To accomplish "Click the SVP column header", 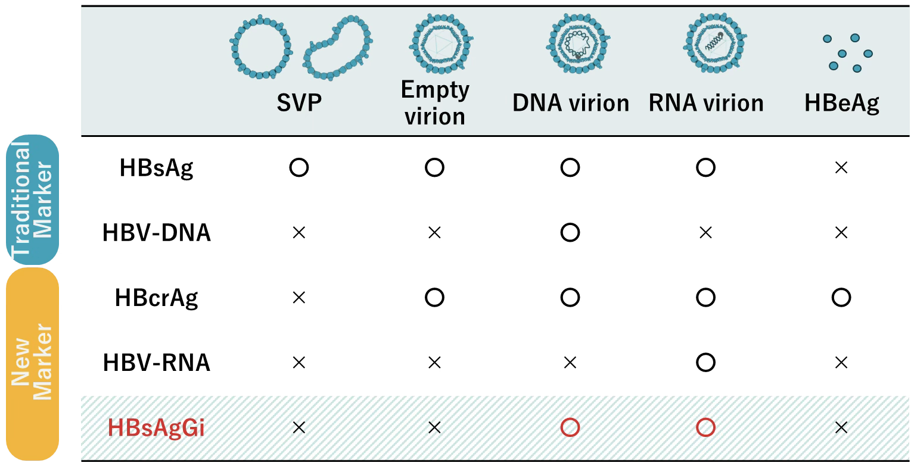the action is pyautogui.click(x=299, y=102).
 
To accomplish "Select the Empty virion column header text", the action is pyautogui.click(x=435, y=103).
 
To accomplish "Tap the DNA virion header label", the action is pyautogui.click(x=571, y=103).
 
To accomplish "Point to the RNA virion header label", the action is pyautogui.click(x=706, y=103).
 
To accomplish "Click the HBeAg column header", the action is pyautogui.click(x=841, y=103).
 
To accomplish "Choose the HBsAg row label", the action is pyautogui.click(x=156, y=168).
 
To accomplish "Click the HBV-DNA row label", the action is pyautogui.click(x=157, y=233).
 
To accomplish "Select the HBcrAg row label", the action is pyautogui.click(x=156, y=298).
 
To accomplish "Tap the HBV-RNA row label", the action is pyautogui.click(x=157, y=363).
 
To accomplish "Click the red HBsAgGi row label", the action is pyautogui.click(x=156, y=428).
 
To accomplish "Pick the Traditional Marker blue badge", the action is pyautogui.click(x=32, y=199).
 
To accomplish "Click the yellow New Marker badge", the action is pyautogui.click(x=32, y=364).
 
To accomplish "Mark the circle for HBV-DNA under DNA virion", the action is pyautogui.click(x=570, y=232).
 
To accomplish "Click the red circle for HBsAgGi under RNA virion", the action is pyautogui.click(x=705, y=427).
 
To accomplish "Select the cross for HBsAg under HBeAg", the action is pyautogui.click(x=841, y=167).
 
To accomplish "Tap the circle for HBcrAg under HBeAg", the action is pyautogui.click(x=841, y=298).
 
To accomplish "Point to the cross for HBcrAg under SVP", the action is pyautogui.click(x=299, y=298).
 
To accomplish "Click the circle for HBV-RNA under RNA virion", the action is pyautogui.click(x=705, y=363).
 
